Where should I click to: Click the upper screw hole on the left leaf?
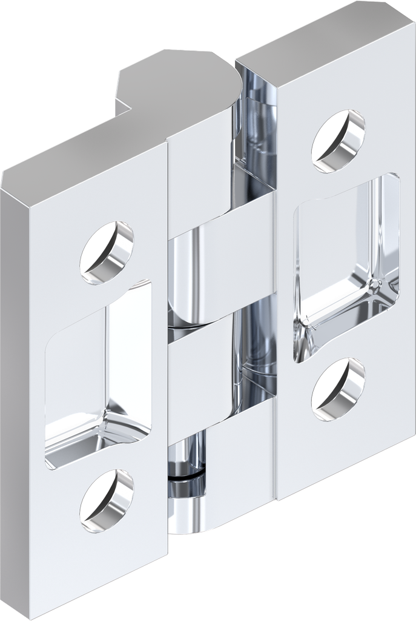tap(107, 253)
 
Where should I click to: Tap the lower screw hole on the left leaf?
tap(107, 501)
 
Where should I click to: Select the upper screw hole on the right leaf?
tap(338, 141)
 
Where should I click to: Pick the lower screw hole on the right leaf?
tap(338, 389)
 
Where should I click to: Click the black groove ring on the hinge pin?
tap(186, 477)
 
